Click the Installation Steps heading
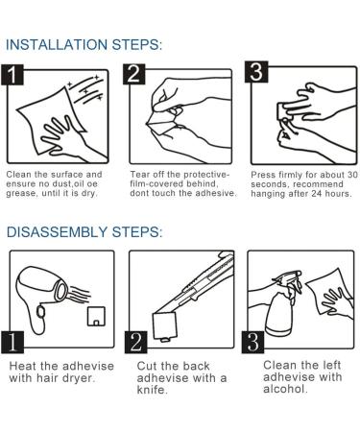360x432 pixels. tap(84, 45)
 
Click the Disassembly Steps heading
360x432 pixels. tap(84, 231)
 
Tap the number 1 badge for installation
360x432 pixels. tap(12, 75)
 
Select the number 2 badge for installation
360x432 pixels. tap(134, 74)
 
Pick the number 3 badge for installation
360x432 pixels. tap(256, 72)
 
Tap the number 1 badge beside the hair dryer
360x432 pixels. tap(12, 342)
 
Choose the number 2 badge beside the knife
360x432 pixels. tap(135, 342)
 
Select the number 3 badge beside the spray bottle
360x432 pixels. tap(252, 342)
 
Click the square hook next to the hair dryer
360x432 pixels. tap(96, 316)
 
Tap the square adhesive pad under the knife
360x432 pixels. tap(165, 325)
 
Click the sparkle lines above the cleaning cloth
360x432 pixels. tap(86, 89)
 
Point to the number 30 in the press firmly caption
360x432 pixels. tap(352, 175)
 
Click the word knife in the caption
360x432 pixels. tap(153, 390)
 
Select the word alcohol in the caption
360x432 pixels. tap(285, 389)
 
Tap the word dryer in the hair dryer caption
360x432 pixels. tap(79, 378)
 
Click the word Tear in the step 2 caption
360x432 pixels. tap(140, 175)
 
